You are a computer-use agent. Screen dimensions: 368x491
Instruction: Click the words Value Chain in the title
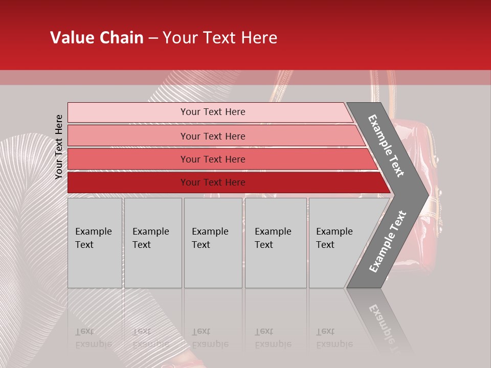[x=97, y=38]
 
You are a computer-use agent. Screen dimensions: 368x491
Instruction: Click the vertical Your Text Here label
[x=59, y=147]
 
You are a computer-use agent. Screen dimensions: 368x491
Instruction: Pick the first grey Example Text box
[x=95, y=243]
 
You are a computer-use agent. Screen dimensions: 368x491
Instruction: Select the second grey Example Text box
[x=153, y=243]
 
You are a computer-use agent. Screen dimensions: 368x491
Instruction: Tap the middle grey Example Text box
[x=213, y=243]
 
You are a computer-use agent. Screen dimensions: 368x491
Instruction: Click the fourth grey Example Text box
[x=276, y=243]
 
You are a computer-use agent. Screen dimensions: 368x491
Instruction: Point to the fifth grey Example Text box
[x=338, y=243]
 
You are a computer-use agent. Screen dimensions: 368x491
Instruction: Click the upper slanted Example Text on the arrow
[x=386, y=146]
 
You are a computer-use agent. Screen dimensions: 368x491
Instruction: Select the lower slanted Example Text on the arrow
[x=388, y=241]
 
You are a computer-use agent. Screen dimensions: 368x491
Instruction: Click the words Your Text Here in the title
[x=220, y=38]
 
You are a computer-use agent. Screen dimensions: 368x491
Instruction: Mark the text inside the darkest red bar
[x=213, y=182]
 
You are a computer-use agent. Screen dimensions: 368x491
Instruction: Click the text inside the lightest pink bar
[x=213, y=112]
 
